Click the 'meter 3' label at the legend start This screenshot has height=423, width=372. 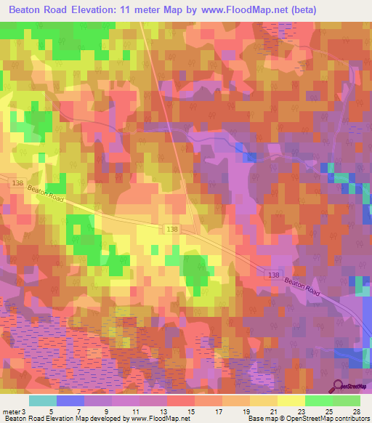tap(14, 411)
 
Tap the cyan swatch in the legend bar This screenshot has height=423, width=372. tap(43, 400)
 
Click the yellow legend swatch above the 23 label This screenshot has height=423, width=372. tap(291, 400)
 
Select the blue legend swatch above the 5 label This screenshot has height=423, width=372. tap(70, 400)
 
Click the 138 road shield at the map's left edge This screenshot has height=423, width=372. tap(18, 185)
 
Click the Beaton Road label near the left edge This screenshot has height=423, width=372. tap(46, 194)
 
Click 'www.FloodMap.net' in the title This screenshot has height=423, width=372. tap(239, 11)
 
